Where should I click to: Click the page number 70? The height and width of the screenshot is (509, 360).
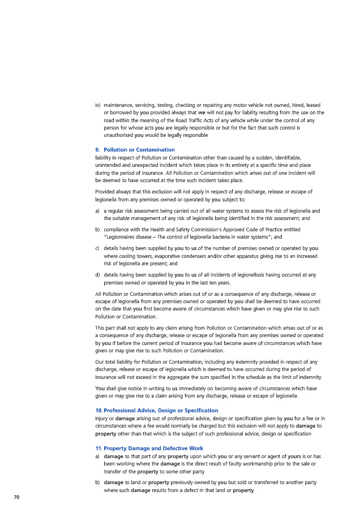click(x=17, y=497)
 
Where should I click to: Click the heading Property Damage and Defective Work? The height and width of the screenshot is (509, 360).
click(x=149, y=448)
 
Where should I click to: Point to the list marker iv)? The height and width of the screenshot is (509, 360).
click(x=98, y=105)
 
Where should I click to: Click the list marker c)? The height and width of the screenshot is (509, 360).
click(x=98, y=248)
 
